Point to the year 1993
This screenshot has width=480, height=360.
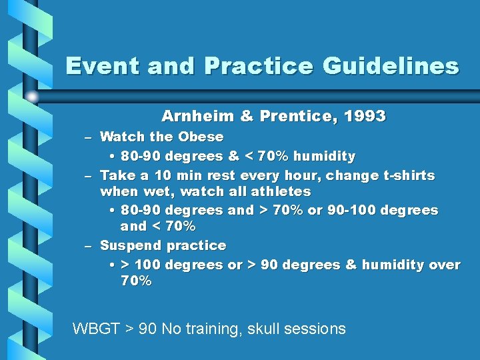(364, 116)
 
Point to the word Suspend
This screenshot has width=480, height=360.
(131, 246)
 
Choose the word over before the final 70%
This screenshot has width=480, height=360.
(445, 265)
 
